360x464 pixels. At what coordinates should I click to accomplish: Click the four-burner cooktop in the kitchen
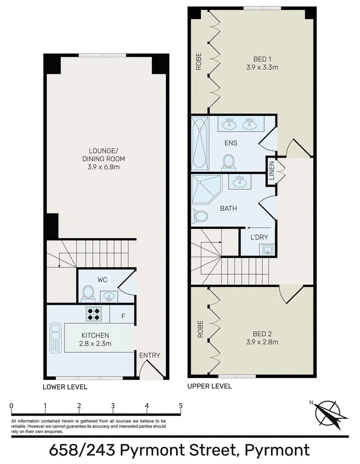tap(94, 314)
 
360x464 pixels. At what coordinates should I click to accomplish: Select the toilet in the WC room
tap(88, 293)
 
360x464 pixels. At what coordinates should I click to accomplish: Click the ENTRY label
tap(149, 355)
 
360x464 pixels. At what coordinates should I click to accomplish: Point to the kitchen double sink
tap(55, 338)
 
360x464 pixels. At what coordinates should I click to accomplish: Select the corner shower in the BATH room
tap(207, 189)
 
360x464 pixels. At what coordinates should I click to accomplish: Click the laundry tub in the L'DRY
tap(267, 250)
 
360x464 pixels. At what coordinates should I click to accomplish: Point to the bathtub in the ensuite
tap(200, 144)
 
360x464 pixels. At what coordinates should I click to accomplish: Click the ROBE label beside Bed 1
tap(199, 61)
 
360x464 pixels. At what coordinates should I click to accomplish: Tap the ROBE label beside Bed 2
tap(200, 329)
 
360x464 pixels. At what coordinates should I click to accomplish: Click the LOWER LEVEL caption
tap(65, 387)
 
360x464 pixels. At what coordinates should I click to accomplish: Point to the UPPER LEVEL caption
tap(210, 386)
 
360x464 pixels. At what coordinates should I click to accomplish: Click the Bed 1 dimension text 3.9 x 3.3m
tap(262, 68)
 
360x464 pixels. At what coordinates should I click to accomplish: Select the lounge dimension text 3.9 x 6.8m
tap(103, 167)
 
